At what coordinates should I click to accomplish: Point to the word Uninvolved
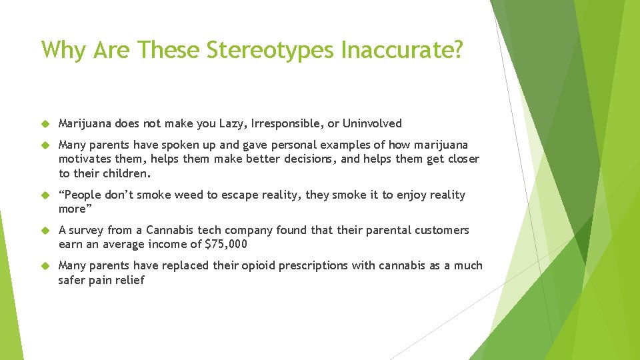tap(373, 123)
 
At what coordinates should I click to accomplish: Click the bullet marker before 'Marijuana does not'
tap(45, 123)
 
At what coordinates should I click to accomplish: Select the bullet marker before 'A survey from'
tap(45, 230)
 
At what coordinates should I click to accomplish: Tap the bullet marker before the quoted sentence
tap(45, 195)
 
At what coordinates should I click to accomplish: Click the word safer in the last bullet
tap(72, 280)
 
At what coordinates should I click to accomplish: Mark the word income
tap(172, 244)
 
